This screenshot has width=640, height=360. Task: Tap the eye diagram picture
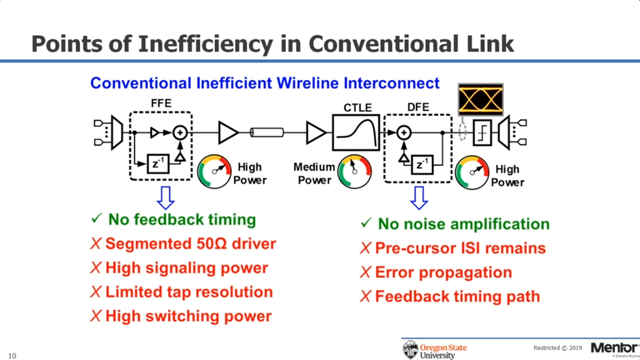pos(480,99)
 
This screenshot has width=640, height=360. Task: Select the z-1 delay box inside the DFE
pos(421,163)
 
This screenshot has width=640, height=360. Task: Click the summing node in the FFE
pos(179,133)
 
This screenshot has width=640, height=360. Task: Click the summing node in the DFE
pos(403,133)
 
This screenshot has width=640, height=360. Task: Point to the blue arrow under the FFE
pos(165,197)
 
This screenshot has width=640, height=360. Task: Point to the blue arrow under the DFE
pos(419,197)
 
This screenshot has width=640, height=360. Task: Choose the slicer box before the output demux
pos(482,133)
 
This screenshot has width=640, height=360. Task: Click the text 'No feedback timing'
pos(182,219)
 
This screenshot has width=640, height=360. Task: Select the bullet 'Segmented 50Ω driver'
pos(190,243)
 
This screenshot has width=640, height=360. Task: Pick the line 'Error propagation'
pos(443,273)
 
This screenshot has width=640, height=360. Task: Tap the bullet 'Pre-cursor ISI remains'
pos(460,249)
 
